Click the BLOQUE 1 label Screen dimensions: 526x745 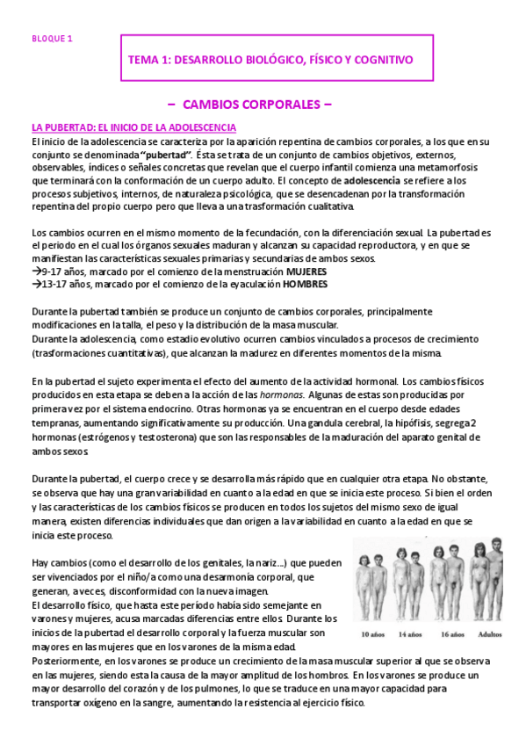(x=52, y=39)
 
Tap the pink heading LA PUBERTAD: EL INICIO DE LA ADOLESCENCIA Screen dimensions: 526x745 (x=133, y=128)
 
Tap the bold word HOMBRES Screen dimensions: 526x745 (x=306, y=285)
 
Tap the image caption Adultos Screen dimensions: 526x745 (x=491, y=633)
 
